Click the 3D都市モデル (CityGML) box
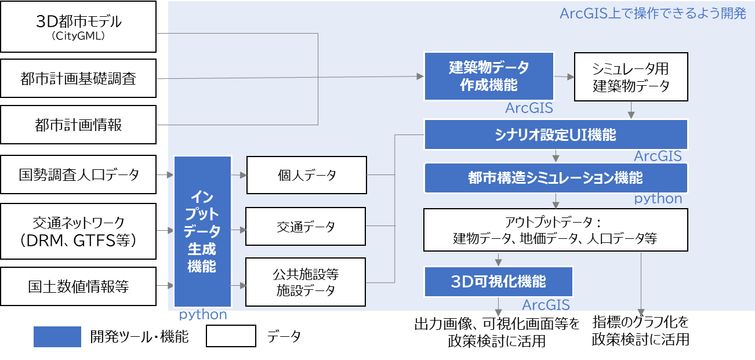pos(78,27)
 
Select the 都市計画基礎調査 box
pos(78,78)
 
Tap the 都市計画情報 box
pos(78,125)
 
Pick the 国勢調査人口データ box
pos(78,174)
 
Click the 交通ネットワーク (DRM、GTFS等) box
pos(78,230)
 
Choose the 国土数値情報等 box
pos(78,286)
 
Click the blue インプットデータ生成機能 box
pos(202,231)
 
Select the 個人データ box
pos(307,174)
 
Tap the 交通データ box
pos(306,226)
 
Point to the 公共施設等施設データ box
pos(306,282)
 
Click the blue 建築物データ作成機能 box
pos(488,76)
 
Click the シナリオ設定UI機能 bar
pos(556,135)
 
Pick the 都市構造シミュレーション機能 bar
pos(556,177)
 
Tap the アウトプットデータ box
pos(556,230)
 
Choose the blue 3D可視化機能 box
pos(499,282)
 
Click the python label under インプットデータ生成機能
pos(202,315)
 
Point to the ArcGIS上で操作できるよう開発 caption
pos(652,13)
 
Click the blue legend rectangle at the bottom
pos(57,337)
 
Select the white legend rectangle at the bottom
pos(231,336)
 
